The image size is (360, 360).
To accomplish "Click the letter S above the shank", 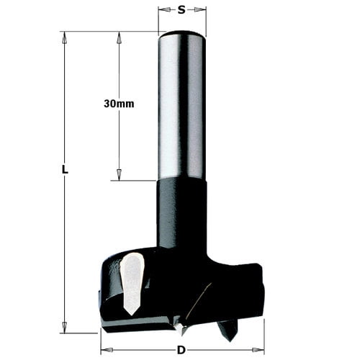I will pos(181,10).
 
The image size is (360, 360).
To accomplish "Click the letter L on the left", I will pos(65,170).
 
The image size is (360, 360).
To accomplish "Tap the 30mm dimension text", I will pos(119,104).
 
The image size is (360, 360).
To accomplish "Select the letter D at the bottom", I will pos(182,350).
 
